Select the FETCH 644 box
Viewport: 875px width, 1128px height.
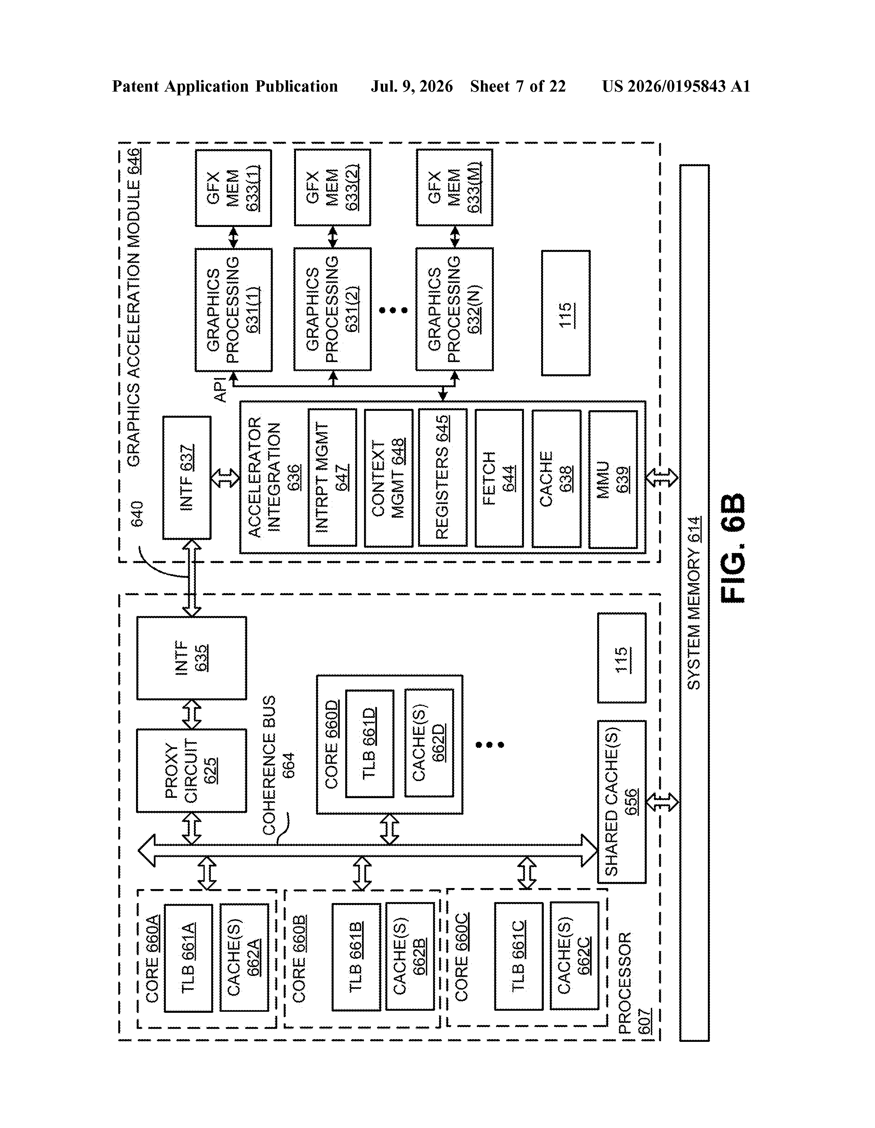tap(499, 478)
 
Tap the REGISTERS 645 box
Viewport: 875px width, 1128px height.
tap(443, 478)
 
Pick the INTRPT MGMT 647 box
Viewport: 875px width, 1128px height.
tap(332, 478)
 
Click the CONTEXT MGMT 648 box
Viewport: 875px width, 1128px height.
tap(388, 478)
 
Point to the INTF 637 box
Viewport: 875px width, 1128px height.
tap(187, 478)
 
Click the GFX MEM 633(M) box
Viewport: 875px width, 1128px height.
tap(455, 187)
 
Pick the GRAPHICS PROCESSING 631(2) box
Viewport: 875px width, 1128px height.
tap(333, 309)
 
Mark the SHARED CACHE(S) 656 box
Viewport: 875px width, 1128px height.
tap(622, 802)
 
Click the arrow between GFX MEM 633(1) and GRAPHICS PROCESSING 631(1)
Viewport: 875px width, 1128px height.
tap(233, 237)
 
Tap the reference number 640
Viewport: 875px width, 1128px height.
tap(137, 514)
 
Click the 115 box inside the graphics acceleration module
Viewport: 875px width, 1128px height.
tap(566, 313)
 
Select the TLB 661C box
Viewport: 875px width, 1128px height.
tap(519, 956)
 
